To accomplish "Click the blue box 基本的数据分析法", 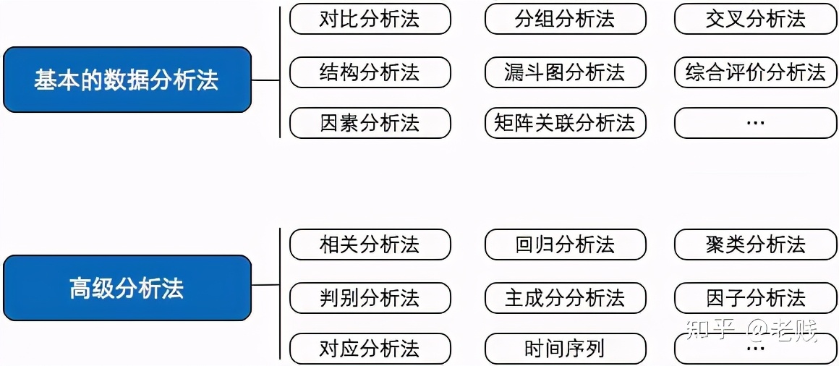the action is point(127,80).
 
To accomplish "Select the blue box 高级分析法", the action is point(127,288).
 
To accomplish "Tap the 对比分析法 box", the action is point(370,20).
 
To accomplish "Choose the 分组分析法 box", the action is point(565,20).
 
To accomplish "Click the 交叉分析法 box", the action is point(756,20).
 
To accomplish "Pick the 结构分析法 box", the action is point(370,72).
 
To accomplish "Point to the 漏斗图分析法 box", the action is point(565,72).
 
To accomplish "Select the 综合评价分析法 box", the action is point(756,72).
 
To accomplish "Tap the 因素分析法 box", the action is point(370,123).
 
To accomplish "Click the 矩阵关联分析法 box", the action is point(565,123).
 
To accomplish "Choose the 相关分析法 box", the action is point(370,245).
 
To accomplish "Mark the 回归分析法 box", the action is point(565,245).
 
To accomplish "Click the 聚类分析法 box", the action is point(756,245).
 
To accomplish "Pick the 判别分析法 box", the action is point(370,297).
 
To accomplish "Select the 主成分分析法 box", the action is point(565,297).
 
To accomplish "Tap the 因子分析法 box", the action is point(756,297).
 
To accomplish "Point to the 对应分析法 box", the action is point(370,349).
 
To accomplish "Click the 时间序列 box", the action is point(565,349).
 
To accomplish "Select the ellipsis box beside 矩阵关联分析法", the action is point(756,123).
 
